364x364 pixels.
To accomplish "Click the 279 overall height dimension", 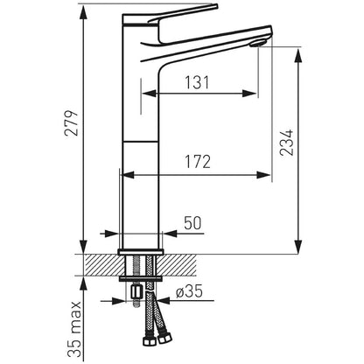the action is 72,123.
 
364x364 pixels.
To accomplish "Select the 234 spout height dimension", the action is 286,143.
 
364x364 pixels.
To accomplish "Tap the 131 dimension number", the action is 197,82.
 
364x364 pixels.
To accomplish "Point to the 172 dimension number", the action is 198,162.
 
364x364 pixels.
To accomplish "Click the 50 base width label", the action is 192,223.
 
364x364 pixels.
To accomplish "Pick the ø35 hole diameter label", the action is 189,291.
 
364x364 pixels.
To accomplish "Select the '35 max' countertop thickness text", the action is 73,330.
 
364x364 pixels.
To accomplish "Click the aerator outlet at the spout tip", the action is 258,44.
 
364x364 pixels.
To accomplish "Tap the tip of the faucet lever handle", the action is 217,5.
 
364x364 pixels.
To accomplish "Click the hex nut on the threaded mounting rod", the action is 136,292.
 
